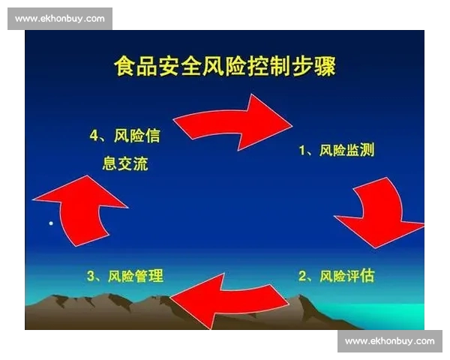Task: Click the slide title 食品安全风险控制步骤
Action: pos(225,67)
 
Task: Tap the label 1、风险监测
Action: pos(337,151)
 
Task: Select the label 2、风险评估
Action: pos(337,276)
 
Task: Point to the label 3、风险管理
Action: pos(124,276)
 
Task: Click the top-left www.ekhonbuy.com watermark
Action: pos(60,19)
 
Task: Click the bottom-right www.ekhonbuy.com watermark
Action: pos(390,341)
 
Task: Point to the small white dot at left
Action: pos(51,223)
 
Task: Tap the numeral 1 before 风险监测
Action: pos(303,151)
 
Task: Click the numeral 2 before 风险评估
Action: pos(303,276)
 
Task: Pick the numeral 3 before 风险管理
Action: pos(91,276)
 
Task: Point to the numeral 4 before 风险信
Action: pos(94,136)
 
